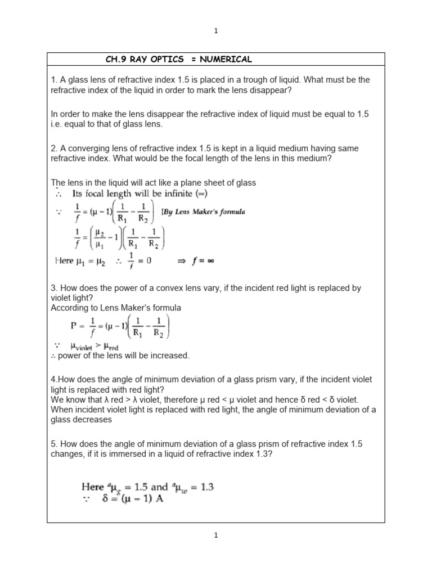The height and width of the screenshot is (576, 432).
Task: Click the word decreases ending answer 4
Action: tap(93, 419)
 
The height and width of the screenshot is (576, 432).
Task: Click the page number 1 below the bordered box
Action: tap(216, 536)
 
